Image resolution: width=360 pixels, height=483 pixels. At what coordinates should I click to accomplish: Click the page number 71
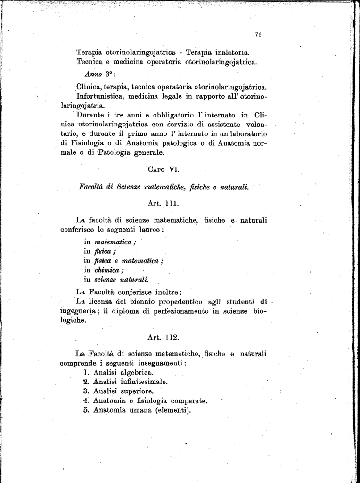tap(258, 34)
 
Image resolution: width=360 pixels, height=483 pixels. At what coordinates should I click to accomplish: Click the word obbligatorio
tap(164, 115)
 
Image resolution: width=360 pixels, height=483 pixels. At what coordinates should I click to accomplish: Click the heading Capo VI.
tap(164, 169)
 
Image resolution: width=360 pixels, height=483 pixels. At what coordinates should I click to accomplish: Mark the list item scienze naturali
tap(122, 279)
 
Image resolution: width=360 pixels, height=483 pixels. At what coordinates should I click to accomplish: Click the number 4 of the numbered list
tap(86, 400)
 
